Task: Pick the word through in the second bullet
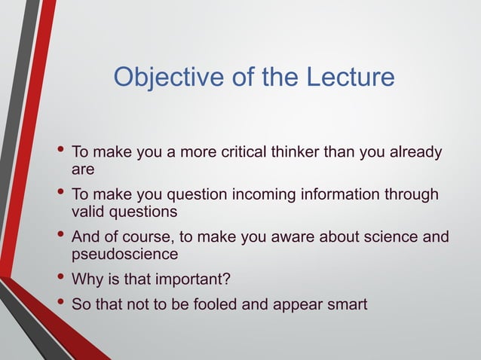[409, 194]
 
